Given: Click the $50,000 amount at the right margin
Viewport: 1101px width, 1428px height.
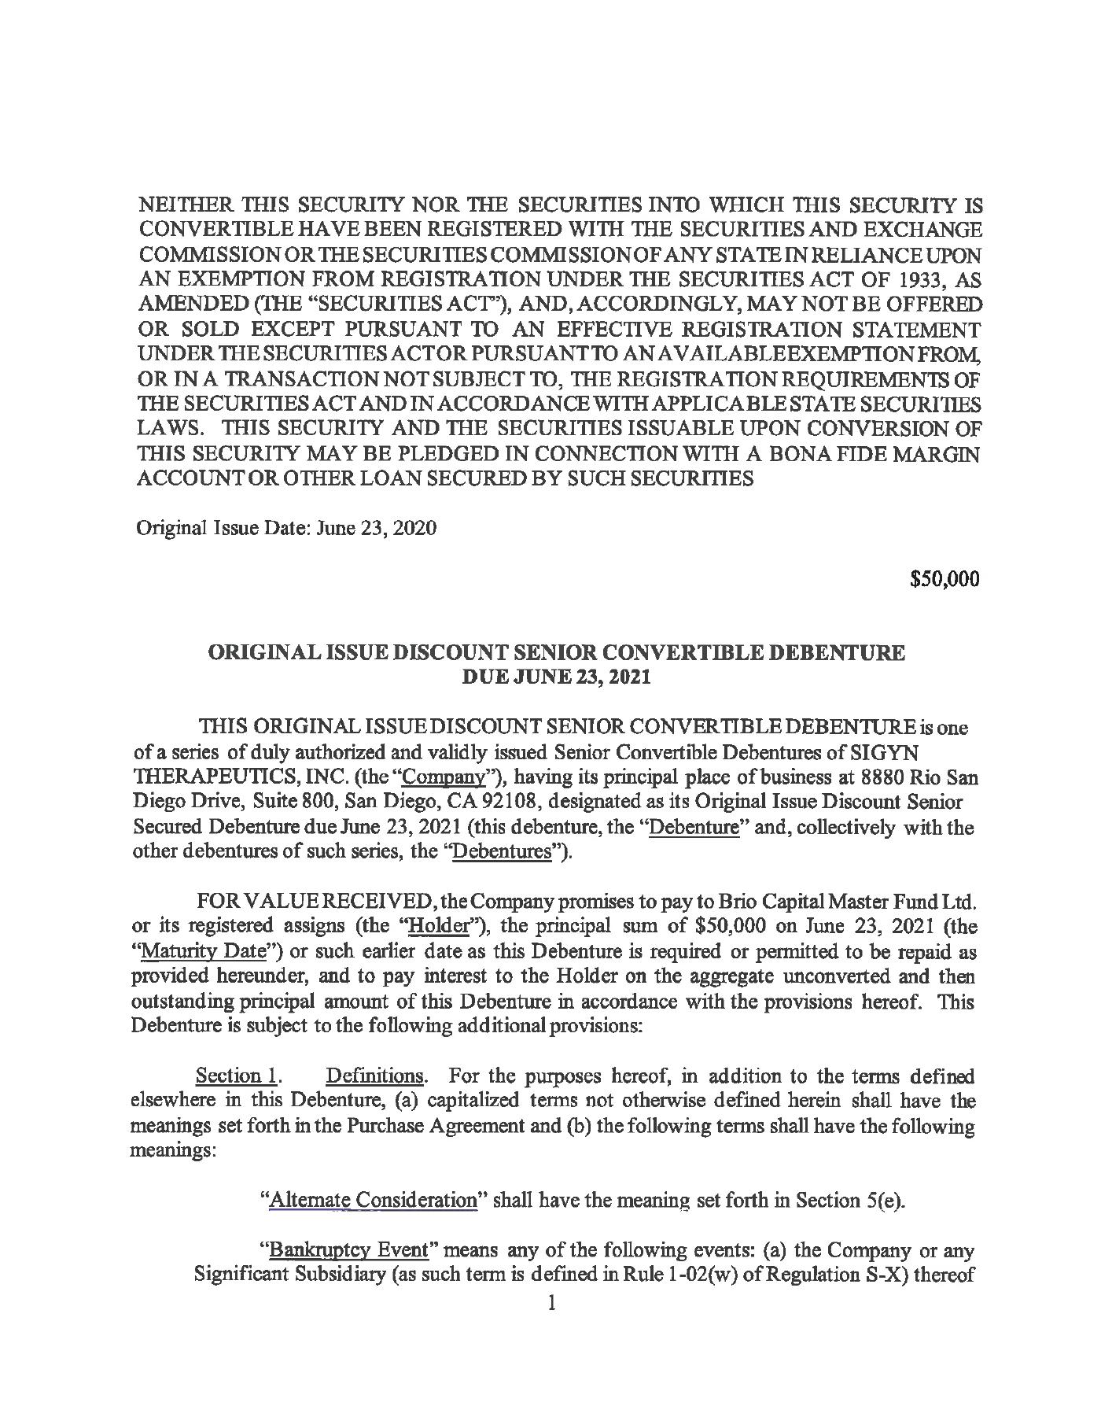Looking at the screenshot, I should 944,580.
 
